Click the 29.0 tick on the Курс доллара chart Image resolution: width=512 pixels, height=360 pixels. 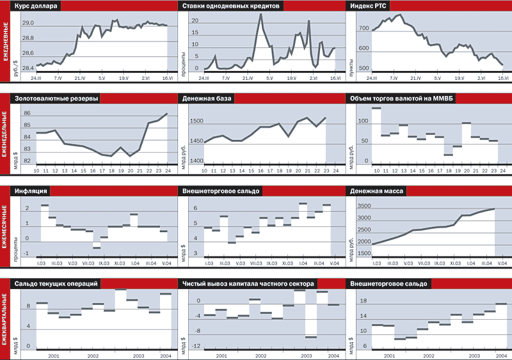pos(28,23)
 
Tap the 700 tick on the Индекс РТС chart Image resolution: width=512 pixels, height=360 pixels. pos(364,29)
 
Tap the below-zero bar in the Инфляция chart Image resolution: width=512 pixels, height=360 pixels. pos(97,247)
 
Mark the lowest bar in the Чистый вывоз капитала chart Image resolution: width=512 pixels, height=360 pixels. pos(310,336)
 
